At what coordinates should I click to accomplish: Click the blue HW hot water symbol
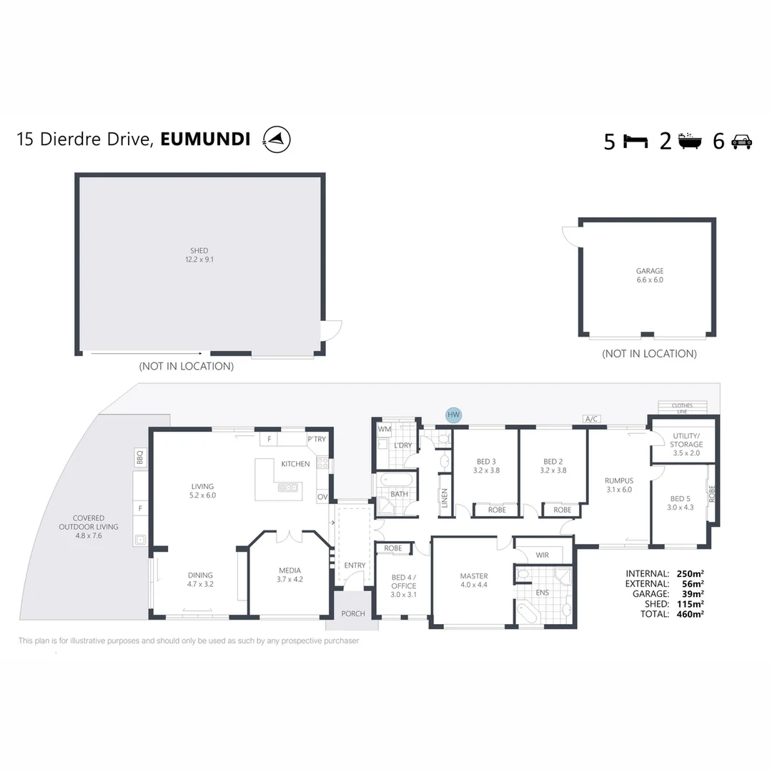(453, 415)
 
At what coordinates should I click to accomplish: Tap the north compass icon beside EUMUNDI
(277, 139)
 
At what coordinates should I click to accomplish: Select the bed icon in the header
(635, 141)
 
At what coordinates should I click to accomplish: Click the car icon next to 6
(741, 142)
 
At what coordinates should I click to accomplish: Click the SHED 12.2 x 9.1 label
(199, 255)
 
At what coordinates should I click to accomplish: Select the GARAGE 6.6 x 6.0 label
(649, 275)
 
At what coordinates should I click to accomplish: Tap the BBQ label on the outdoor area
(140, 455)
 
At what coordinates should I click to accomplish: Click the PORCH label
(353, 613)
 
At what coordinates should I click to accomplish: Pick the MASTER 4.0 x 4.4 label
(473, 580)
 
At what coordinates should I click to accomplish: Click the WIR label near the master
(542, 555)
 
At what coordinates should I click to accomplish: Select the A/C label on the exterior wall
(590, 420)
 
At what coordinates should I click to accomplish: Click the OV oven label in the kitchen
(322, 497)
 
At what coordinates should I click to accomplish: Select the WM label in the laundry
(384, 429)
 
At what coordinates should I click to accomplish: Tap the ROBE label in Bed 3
(496, 510)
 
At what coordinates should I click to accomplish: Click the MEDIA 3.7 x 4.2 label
(289, 575)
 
